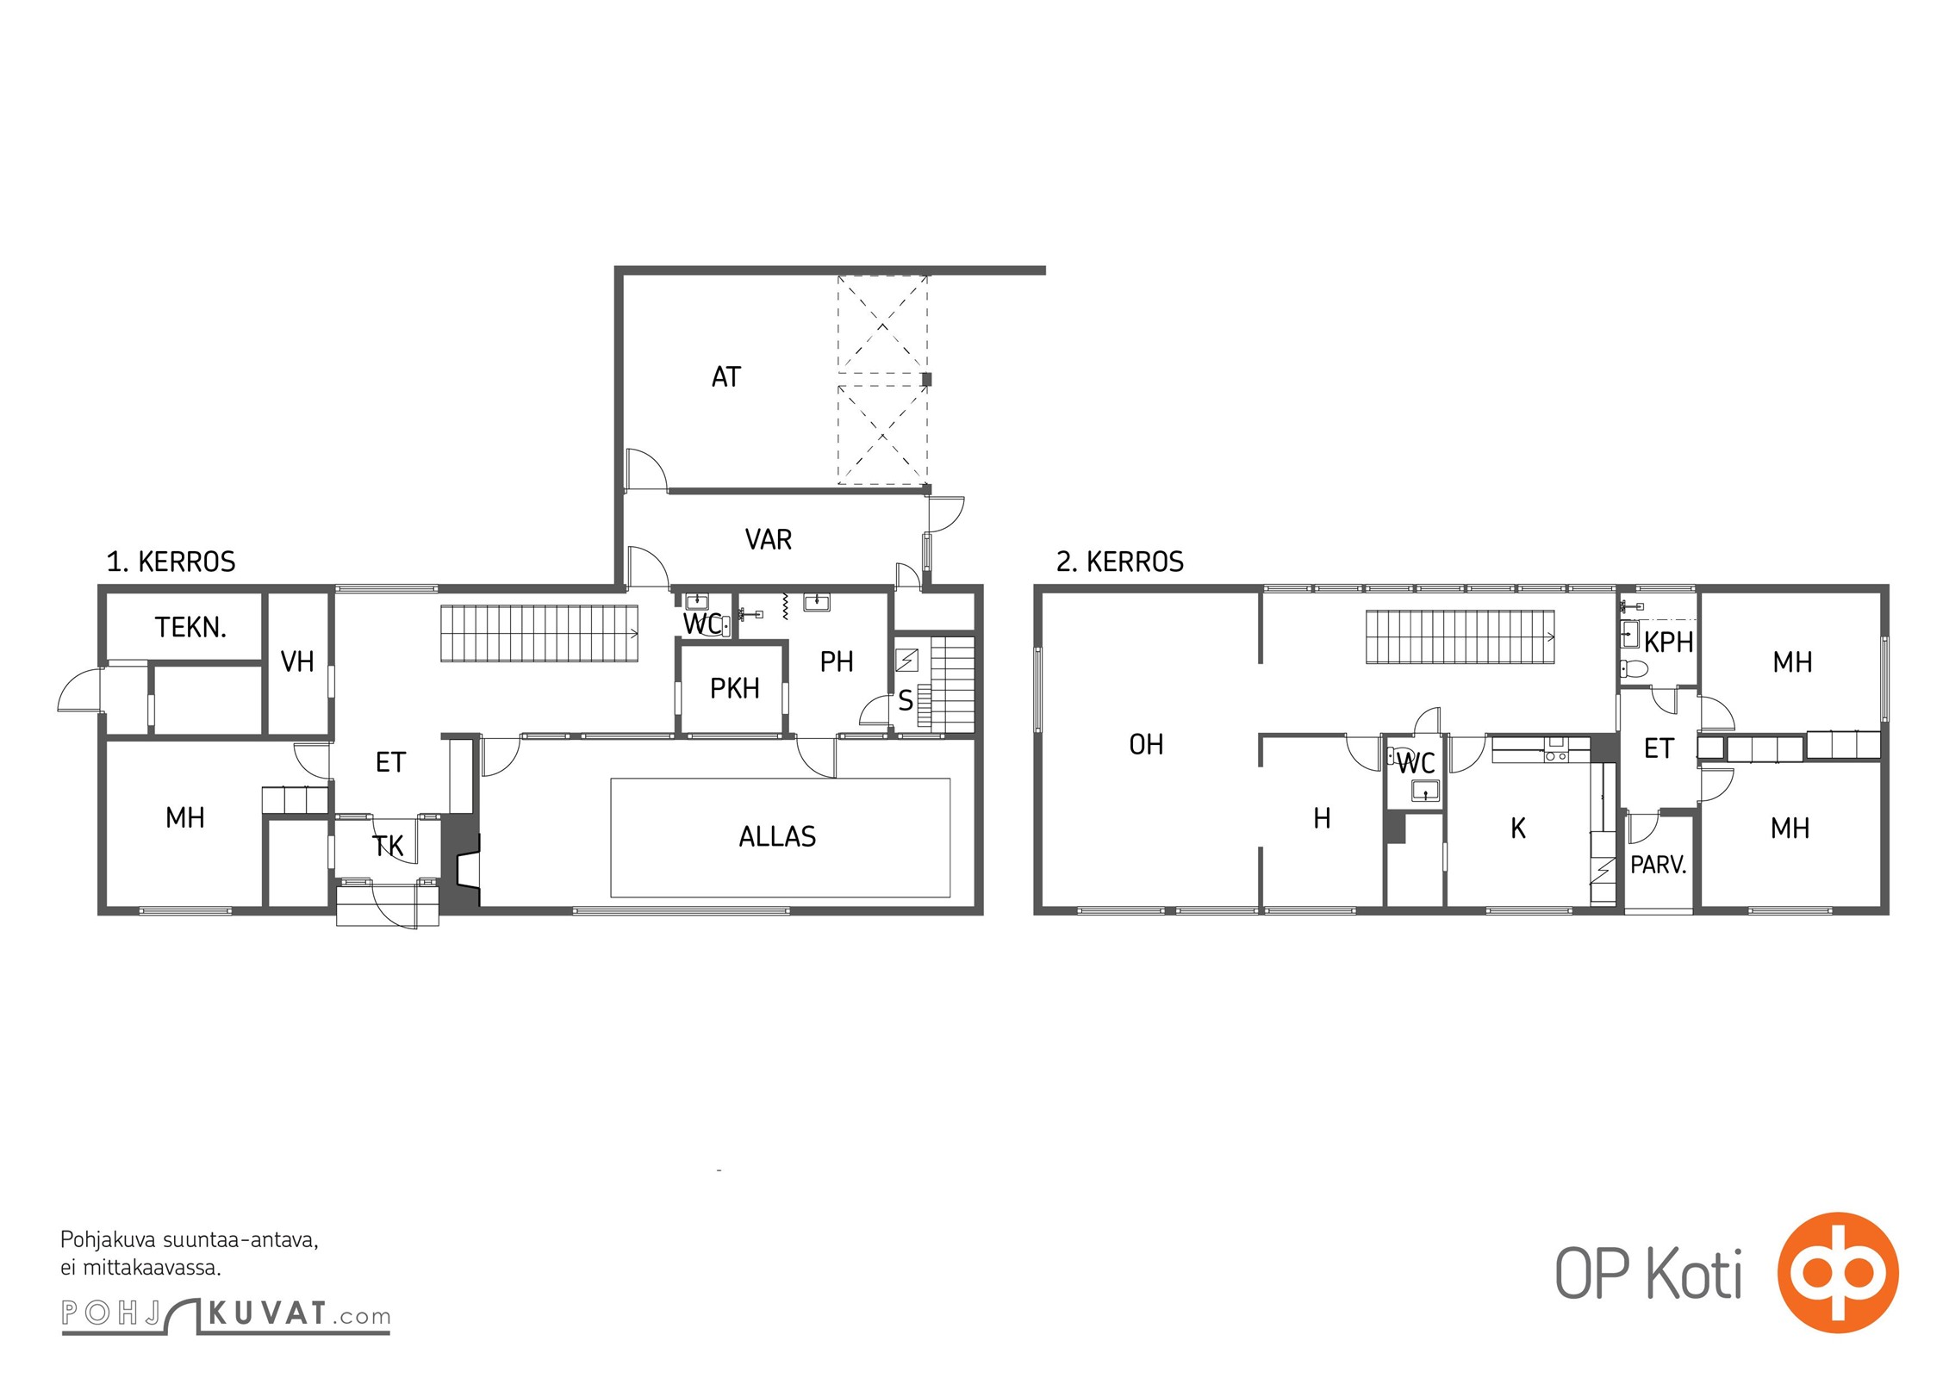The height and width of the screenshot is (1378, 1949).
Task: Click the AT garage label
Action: click(725, 376)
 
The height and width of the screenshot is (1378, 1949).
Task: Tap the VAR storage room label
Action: click(768, 539)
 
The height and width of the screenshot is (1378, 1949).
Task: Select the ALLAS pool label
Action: click(777, 836)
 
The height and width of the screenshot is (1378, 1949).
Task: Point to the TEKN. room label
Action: click(190, 627)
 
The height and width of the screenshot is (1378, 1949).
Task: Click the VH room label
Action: click(297, 661)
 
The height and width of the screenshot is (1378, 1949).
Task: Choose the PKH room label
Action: click(734, 688)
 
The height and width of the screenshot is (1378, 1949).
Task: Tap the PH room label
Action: click(837, 661)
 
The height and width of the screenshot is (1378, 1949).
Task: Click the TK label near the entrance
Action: click(388, 846)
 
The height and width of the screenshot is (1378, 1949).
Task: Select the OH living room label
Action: click(1146, 744)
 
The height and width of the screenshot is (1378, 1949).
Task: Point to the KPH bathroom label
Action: click(1669, 642)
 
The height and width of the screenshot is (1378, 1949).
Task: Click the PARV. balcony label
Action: click(1659, 865)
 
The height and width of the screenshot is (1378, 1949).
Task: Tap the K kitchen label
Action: click(1518, 829)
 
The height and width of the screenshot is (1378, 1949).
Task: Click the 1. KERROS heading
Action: click(171, 562)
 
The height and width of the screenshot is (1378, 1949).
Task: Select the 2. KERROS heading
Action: click(1120, 562)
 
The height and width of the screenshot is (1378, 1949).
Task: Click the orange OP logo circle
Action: click(1838, 1272)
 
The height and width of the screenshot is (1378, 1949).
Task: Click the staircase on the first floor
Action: click(539, 634)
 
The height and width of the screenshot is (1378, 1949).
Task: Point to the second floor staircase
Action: click(1460, 637)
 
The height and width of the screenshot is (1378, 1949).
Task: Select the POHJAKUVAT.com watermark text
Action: click(226, 1315)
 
